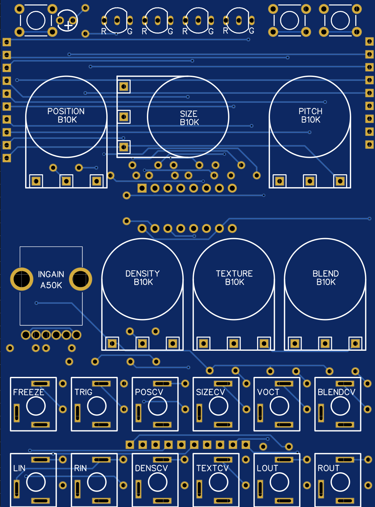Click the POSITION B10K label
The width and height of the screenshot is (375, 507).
click(66, 115)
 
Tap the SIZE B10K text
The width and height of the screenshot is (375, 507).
click(189, 118)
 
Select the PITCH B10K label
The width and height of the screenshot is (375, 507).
click(310, 115)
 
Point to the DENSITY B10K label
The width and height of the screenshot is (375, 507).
click(142, 278)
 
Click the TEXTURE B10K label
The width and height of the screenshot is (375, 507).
click(234, 278)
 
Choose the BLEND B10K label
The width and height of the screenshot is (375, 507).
click(325, 278)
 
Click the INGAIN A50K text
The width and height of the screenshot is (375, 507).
click(51, 280)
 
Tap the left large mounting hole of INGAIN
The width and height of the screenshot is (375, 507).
click(22, 279)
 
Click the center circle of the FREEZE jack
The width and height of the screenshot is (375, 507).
click(36, 406)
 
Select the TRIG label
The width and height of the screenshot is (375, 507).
click(83, 392)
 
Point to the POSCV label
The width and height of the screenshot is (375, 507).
click(149, 392)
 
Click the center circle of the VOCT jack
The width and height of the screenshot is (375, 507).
click(279, 406)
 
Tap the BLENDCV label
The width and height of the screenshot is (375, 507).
click(336, 392)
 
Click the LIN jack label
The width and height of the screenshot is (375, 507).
click(19, 468)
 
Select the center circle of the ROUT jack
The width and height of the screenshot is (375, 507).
click(340, 482)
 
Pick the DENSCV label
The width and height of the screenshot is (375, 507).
click(151, 468)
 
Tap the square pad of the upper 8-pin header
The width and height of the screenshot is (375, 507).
click(142, 188)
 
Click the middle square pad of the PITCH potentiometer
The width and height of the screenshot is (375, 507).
click(310, 181)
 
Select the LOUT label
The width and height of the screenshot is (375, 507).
click(267, 468)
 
